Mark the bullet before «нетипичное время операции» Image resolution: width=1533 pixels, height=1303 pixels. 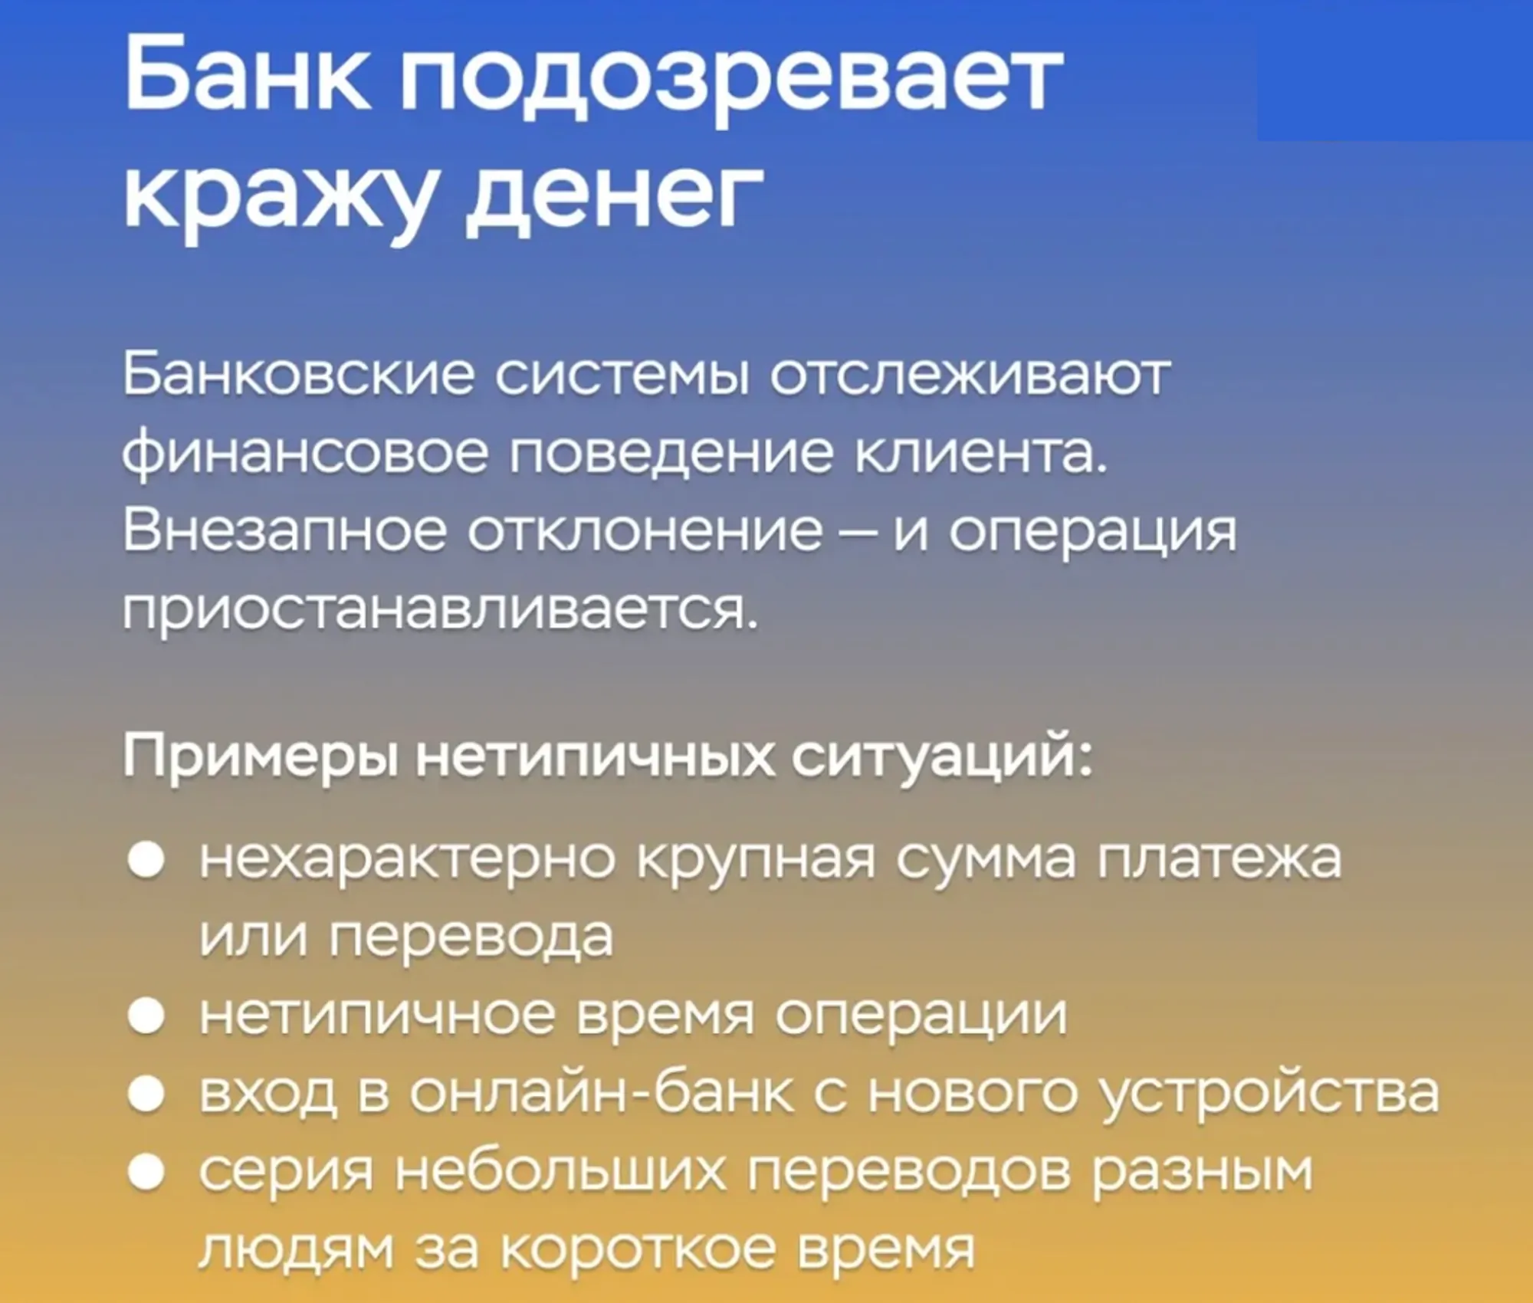(146, 1017)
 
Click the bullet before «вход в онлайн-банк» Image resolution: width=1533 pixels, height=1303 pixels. (146, 1095)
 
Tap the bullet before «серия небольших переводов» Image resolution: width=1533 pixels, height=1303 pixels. (146, 1173)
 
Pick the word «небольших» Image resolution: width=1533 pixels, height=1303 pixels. (560, 1171)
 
